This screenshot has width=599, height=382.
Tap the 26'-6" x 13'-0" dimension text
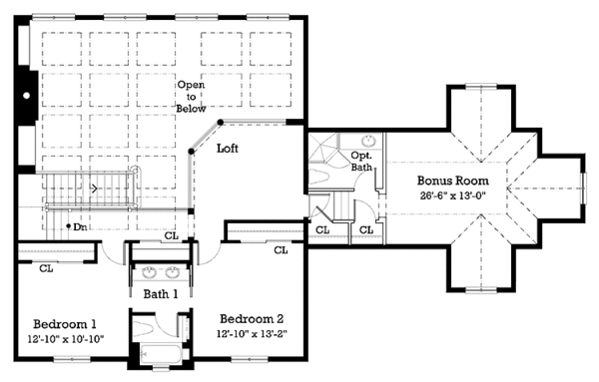point(454,196)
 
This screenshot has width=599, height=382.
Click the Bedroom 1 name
point(65,325)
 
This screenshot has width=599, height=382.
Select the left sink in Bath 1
point(149,271)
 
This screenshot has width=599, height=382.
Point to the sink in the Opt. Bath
point(366,142)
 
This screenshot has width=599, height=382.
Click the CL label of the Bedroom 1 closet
point(46,268)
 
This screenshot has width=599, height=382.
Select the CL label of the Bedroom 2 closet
point(281,249)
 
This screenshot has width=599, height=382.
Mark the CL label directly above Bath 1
point(171,236)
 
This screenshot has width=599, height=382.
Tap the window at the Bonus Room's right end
point(582,184)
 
